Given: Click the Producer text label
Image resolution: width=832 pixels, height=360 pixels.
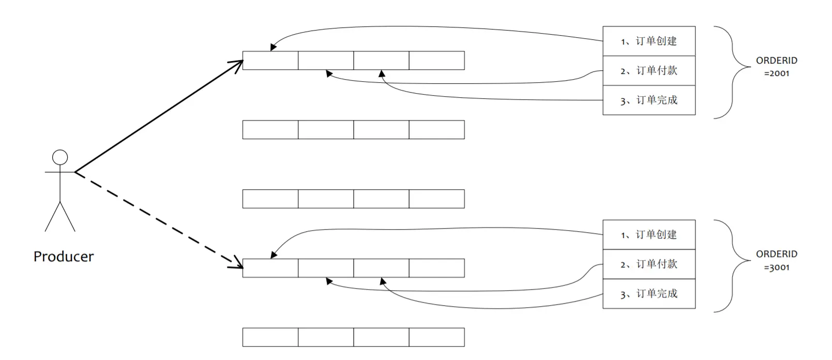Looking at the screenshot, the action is [x=64, y=257].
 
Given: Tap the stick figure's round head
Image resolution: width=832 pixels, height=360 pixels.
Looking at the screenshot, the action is [x=60, y=157].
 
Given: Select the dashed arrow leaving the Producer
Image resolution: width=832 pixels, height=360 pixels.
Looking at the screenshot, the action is [x=159, y=220].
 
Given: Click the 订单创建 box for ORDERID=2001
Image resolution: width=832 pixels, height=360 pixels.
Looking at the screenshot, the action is [x=649, y=41].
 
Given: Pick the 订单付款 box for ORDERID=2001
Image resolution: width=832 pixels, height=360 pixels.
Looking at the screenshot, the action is [x=649, y=71].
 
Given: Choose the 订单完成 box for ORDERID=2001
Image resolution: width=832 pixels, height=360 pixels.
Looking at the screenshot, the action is [x=649, y=100].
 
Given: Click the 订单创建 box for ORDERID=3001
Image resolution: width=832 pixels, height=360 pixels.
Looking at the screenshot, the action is [x=649, y=235].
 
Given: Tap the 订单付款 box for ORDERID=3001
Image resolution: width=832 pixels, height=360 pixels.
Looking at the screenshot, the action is [x=649, y=264].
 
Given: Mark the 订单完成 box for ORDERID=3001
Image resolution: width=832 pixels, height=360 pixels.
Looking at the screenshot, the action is [x=649, y=294].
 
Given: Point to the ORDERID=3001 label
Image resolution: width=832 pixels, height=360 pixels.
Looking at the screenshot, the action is [x=776, y=260].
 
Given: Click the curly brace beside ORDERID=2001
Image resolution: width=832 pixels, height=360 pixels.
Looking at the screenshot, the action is [x=732, y=72].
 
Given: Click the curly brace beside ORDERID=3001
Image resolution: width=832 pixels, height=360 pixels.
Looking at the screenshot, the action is [x=732, y=266].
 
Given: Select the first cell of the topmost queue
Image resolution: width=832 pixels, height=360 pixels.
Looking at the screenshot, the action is [x=270, y=61].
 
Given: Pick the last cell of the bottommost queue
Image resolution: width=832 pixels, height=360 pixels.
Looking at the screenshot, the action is [x=436, y=337].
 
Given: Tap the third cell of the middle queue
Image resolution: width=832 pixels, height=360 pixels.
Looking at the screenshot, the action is [x=381, y=199].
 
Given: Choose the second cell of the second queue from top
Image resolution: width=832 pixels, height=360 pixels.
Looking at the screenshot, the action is [x=326, y=130].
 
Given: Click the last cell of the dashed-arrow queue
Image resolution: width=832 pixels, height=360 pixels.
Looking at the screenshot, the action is [x=436, y=268].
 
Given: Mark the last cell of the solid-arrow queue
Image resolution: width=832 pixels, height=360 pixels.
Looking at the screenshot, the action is [x=436, y=61].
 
